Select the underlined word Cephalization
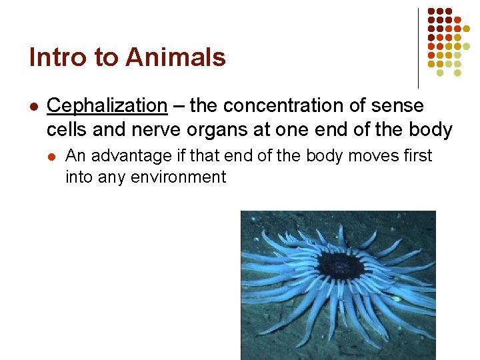pyautogui.click(x=107, y=105)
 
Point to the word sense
pyautogui.click(x=399, y=105)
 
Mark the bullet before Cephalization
pyautogui.click(x=33, y=107)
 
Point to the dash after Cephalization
pyautogui.click(x=178, y=106)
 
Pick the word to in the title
pyautogui.click(x=105, y=58)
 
